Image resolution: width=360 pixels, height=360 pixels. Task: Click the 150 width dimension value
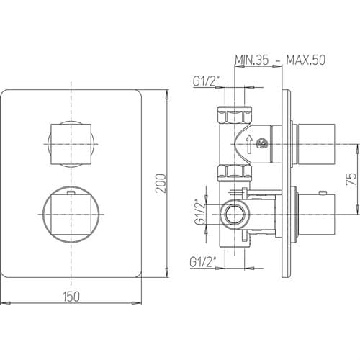coord(71,296)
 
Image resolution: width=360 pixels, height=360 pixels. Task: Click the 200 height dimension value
coord(161,184)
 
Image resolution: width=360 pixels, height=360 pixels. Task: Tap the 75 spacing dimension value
coord(351,179)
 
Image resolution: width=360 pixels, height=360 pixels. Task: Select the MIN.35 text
coord(252,60)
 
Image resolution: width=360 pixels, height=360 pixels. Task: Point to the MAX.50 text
coord(306,60)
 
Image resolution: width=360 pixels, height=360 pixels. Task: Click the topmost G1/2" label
coord(206,81)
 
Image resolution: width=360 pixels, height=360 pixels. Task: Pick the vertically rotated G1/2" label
coord(200,212)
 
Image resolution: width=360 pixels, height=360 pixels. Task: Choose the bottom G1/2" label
coord(203,262)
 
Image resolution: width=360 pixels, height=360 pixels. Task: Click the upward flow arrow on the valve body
coord(250,144)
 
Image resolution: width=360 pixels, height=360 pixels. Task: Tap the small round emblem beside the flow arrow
coord(262,144)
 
